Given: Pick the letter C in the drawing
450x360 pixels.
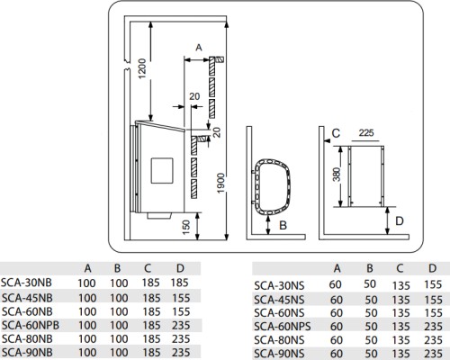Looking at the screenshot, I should point(334,133).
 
